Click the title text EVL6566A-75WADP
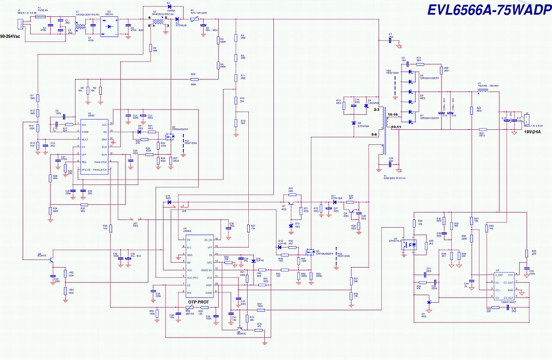tap(489, 10)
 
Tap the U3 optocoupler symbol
tap(410, 244)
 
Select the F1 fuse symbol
tap(40, 17)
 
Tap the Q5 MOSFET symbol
tap(310, 251)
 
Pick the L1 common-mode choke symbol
tap(80, 28)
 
